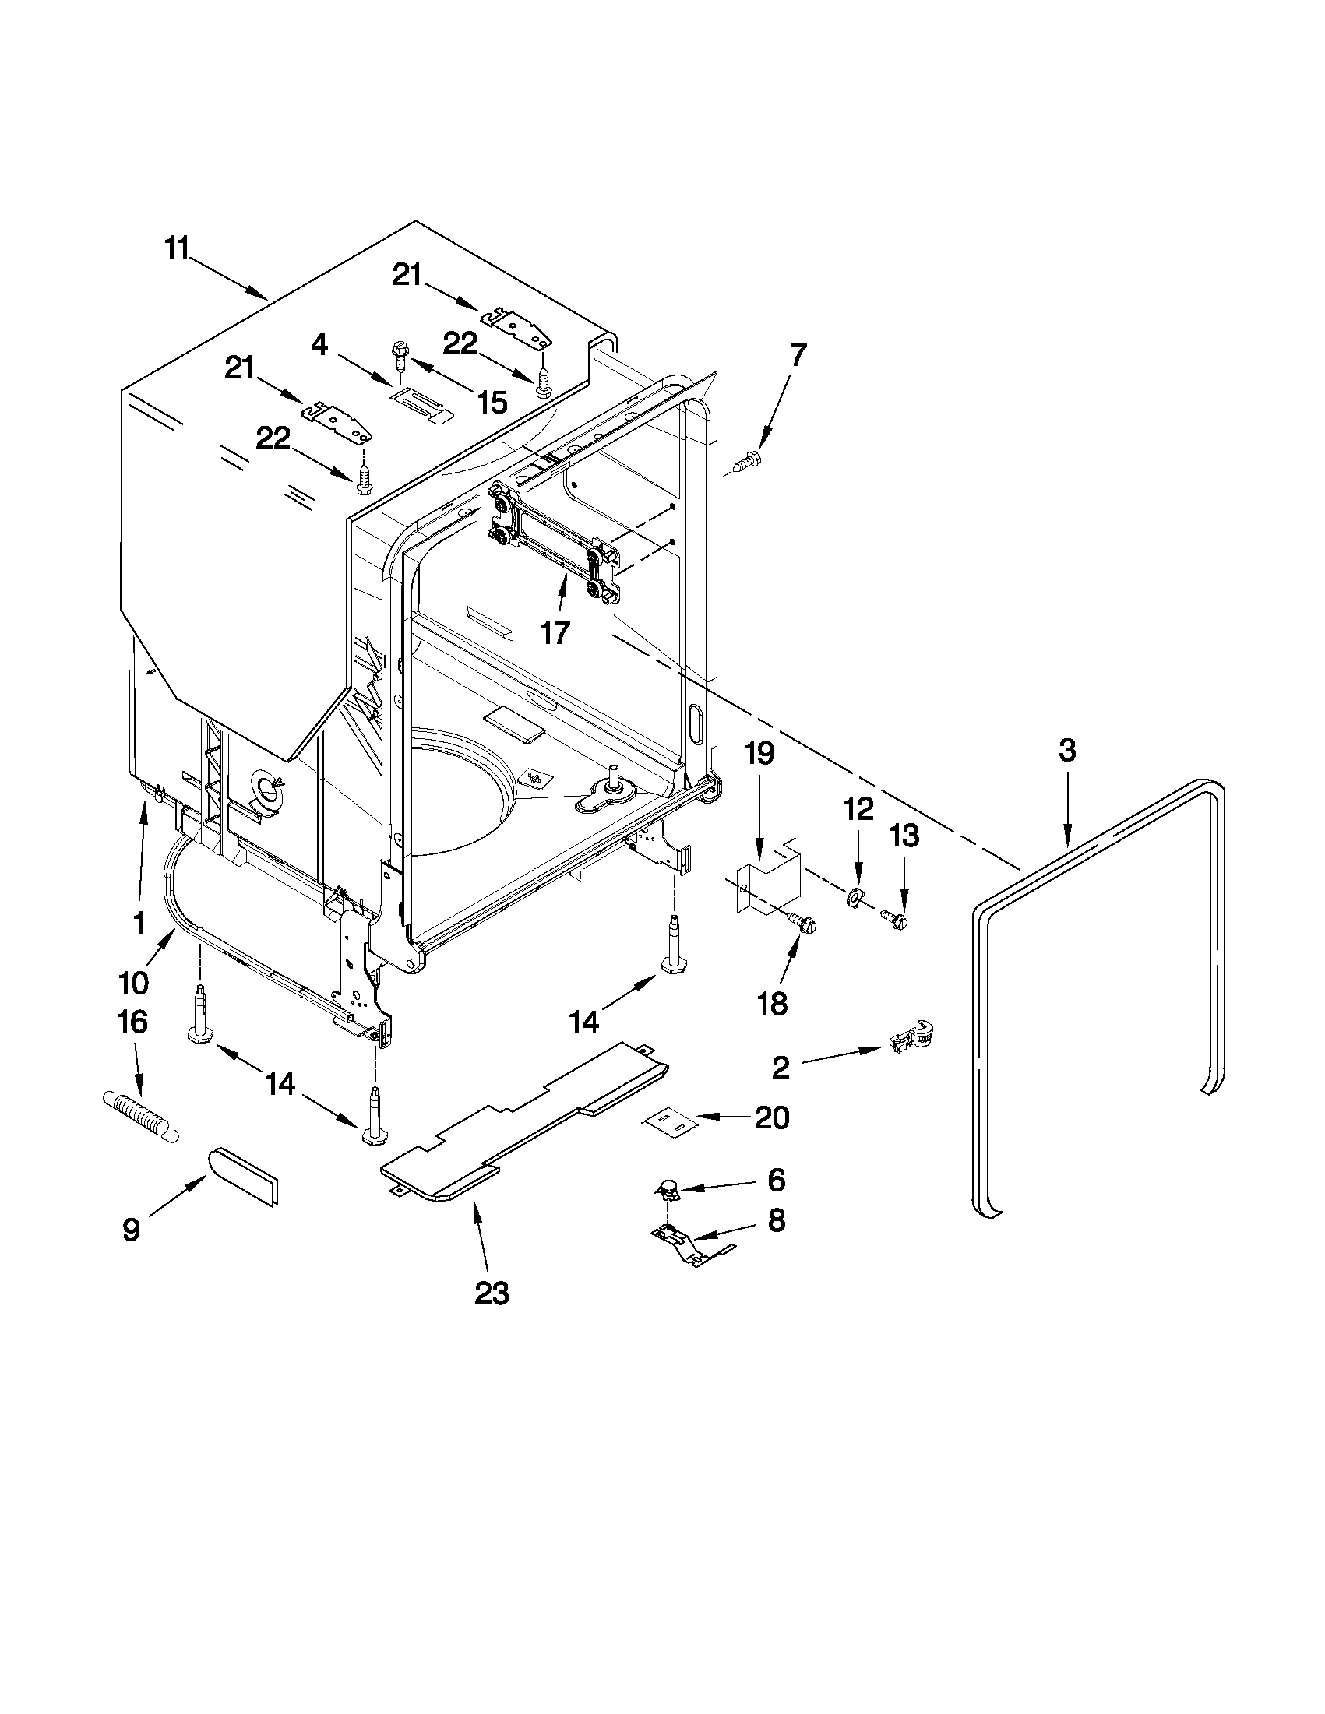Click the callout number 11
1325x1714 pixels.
click(x=177, y=248)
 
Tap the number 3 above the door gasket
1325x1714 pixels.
click(x=1066, y=750)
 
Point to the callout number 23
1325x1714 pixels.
click(x=492, y=1293)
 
